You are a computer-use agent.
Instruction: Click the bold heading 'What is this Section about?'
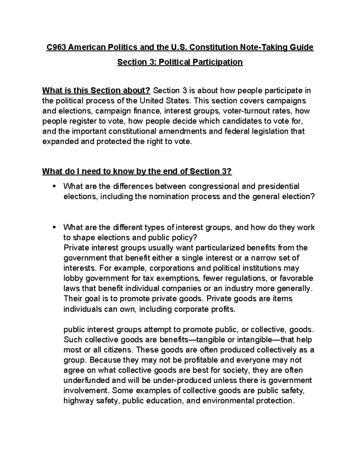point(97,91)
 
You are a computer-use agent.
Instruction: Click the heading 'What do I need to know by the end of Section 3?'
point(137,171)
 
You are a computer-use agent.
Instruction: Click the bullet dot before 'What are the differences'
point(54,187)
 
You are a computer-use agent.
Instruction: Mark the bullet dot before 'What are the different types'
point(54,227)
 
